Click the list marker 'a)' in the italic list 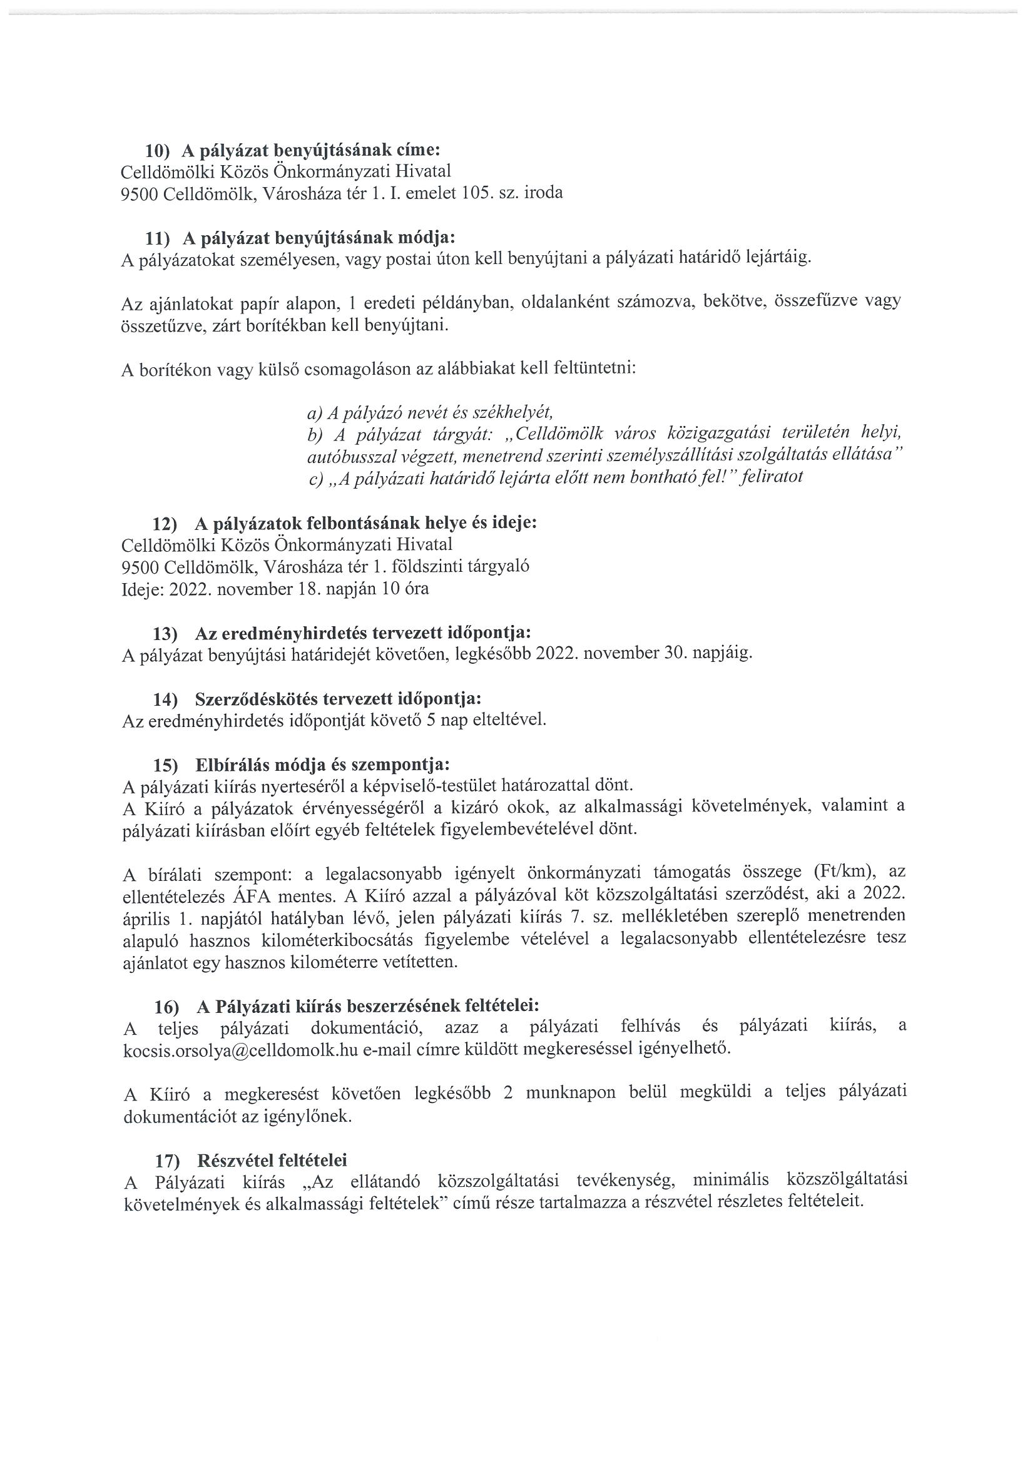(x=314, y=412)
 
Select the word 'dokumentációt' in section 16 (x=176, y=1116)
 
